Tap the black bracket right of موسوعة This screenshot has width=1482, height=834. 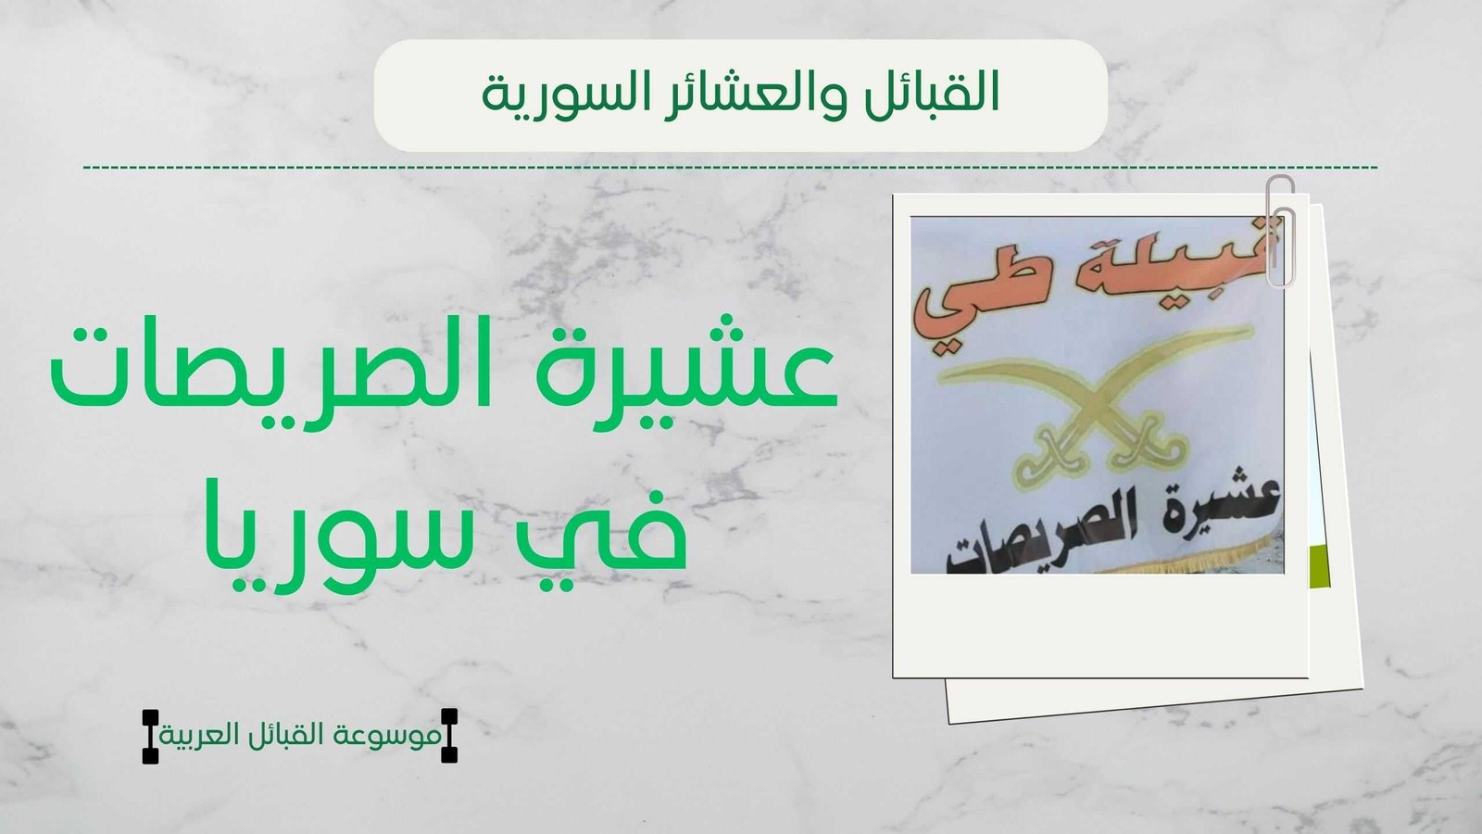coord(449,736)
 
